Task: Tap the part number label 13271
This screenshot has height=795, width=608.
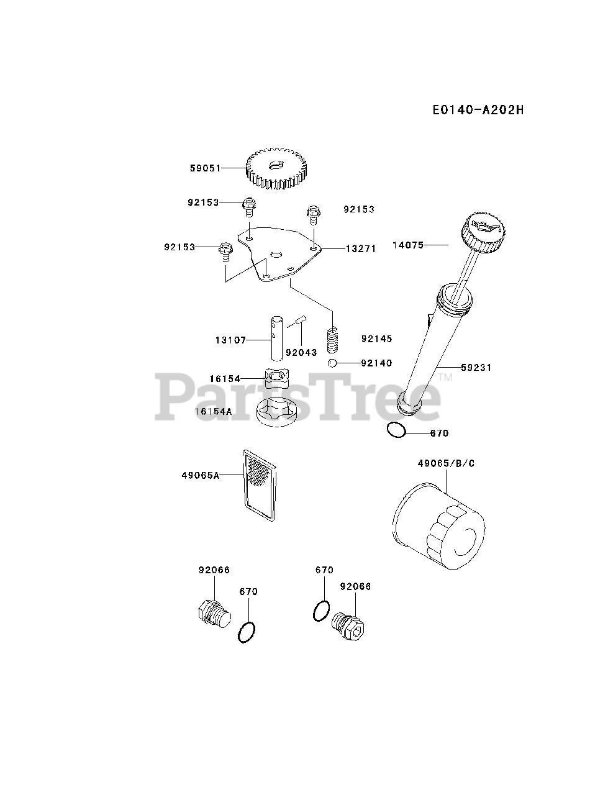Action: [360, 248]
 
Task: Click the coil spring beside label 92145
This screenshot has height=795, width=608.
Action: [335, 340]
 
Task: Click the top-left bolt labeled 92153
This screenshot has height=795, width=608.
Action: [248, 204]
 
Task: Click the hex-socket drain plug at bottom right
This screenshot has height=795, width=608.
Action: [348, 624]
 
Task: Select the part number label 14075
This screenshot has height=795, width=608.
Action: [408, 245]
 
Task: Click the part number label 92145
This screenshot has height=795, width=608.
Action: [376, 340]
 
